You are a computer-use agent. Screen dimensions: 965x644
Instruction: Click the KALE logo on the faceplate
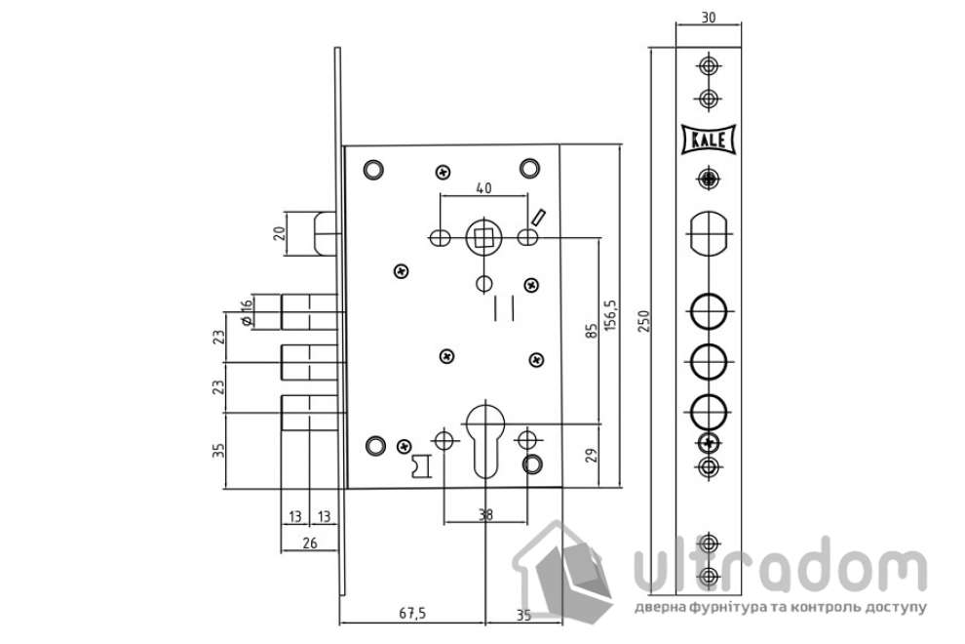[709, 140]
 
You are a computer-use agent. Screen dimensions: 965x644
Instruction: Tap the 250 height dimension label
[643, 321]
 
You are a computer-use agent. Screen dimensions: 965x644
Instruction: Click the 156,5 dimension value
[610, 316]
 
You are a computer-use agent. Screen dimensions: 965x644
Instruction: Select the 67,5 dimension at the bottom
[412, 613]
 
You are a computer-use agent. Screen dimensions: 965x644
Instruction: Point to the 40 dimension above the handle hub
[483, 187]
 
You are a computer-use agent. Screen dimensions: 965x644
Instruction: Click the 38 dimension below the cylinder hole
[485, 514]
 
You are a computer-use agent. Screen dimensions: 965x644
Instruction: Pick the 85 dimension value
[592, 332]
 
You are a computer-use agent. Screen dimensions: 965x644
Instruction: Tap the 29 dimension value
[592, 456]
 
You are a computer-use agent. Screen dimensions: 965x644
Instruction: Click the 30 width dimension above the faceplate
[709, 18]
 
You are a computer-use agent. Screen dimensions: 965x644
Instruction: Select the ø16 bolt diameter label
[246, 312]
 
